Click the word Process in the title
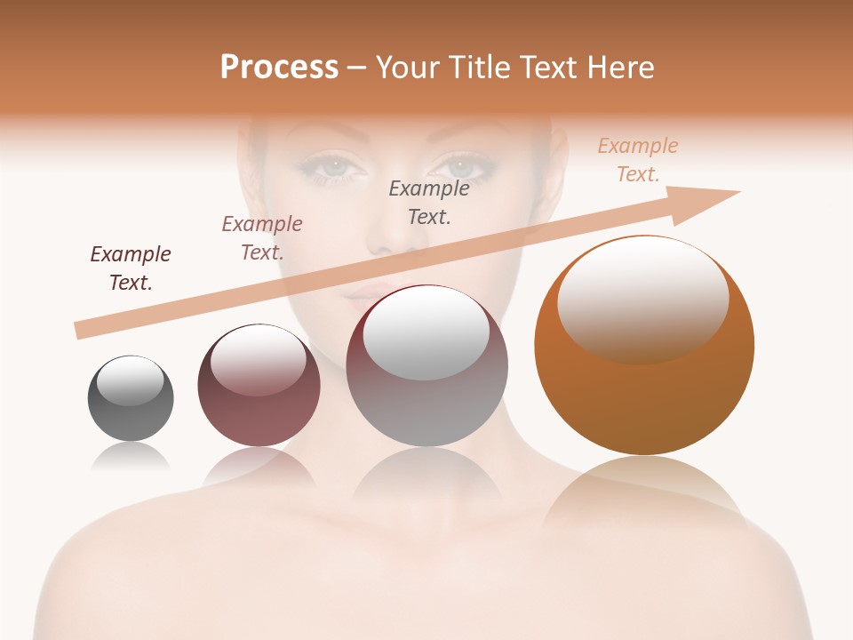(x=279, y=68)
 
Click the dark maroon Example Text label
(x=131, y=268)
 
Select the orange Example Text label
(x=637, y=160)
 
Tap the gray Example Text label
(x=429, y=202)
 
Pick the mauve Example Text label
(x=262, y=237)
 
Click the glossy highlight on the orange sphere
(x=642, y=298)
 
